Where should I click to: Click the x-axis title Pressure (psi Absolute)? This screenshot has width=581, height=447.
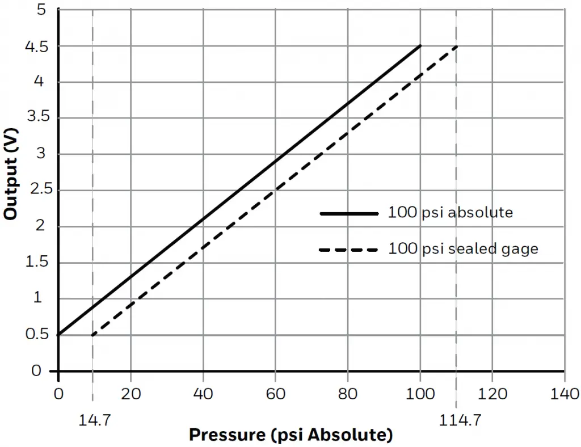[290, 435]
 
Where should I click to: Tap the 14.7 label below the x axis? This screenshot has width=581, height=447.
[92, 420]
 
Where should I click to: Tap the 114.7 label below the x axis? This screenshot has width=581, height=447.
[456, 420]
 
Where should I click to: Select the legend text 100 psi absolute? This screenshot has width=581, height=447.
[451, 213]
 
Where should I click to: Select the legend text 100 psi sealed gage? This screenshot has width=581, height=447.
[463, 249]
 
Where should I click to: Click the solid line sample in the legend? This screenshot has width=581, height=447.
[348, 214]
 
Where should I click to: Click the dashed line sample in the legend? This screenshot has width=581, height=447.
[348, 250]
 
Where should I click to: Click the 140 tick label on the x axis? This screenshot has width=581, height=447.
[564, 394]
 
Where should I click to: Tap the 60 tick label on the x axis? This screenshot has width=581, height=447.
[275, 394]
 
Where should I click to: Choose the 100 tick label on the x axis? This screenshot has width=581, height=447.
[420, 394]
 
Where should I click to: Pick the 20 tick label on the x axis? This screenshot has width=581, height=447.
[130, 394]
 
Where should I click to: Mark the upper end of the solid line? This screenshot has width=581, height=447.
[420, 46]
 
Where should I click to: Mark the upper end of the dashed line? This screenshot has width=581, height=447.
[456, 46]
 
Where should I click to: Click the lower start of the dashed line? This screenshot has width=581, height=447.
[92, 335]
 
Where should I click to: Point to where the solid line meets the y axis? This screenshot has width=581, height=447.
[58, 335]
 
